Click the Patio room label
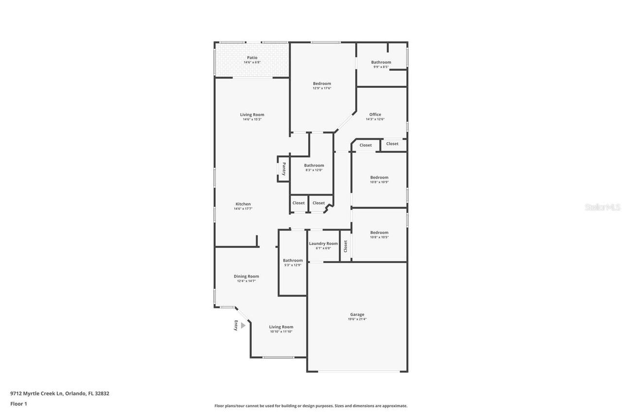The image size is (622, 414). pyautogui.click(x=252, y=58)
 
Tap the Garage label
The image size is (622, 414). pyautogui.click(x=357, y=315)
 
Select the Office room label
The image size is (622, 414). pyautogui.click(x=375, y=115)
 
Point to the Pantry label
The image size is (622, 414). pyautogui.click(x=284, y=169)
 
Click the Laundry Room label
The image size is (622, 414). pyautogui.click(x=323, y=244)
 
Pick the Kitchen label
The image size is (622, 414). pyautogui.click(x=243, y=204)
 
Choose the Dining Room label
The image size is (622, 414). pyautogui.click(x=246, y=276)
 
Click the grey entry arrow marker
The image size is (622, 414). pyautogui.click(x=243, y=326)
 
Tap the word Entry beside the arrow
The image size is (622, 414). pyautogui.click(x=236, y=326)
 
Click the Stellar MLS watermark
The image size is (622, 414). pyautogui.click(x=603, y=207)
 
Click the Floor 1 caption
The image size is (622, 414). pyautogui.click(x=18, y=404)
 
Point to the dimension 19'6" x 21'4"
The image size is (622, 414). pyautogui.click(x=357, y=319)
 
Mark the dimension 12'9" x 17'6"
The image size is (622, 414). pyautogui.click(x=322, y=88)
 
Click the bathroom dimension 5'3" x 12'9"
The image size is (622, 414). pyautogui.click(x=293, y=265)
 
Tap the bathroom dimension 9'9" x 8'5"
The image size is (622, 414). pyautogui.click(x=381, y=67)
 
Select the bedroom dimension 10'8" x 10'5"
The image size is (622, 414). pyautogui.click(x=379, y=237)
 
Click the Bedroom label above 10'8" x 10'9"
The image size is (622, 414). pyautogui.click(x=379, y=178)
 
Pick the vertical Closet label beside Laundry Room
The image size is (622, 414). pyautogui.click(x=346, y=247)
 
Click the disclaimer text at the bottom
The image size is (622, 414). pyautogui.click(x=311, y=406)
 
